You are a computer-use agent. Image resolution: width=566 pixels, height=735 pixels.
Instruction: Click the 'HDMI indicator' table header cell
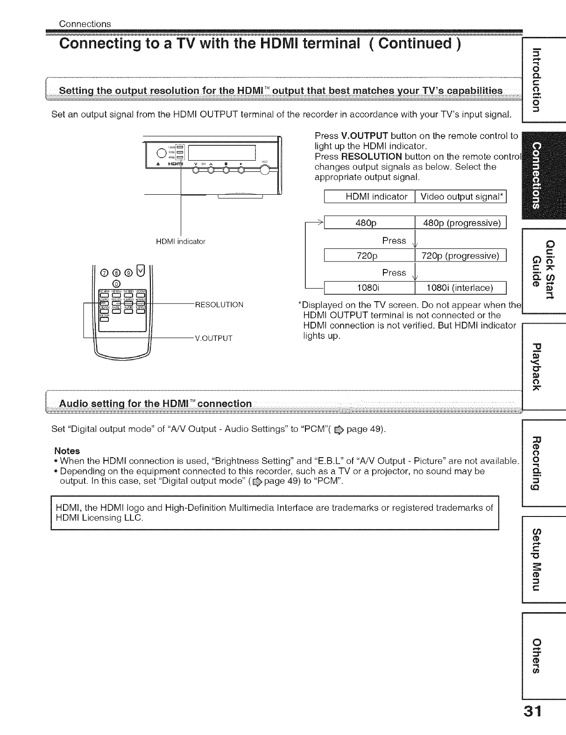point(376,197)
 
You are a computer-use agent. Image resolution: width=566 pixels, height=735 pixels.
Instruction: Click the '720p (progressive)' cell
point(460,256)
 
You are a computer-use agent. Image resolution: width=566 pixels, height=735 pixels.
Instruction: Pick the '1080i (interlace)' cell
point(460,287)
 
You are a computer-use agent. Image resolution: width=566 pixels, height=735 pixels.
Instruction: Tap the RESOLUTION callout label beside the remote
point(219,305)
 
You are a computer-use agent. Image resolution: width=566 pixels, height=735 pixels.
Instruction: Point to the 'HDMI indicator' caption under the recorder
point(181,241)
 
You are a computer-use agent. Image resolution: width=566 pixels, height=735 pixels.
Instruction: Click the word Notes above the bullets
point(67,451)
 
